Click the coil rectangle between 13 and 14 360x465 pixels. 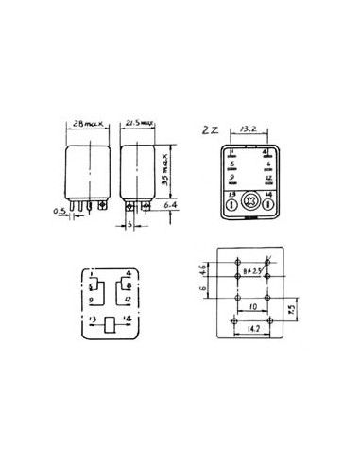[x=110, y=323]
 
